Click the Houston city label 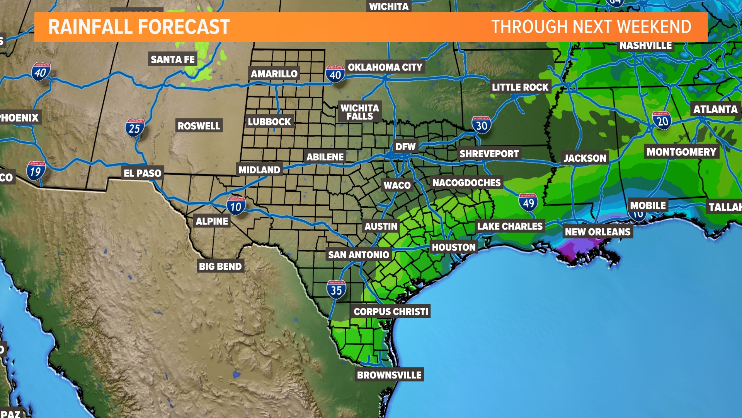point(453,247)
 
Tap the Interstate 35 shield point(336,289)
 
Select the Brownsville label point(389,375)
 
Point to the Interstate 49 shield point(528,202)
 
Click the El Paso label point(142,173)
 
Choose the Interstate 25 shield point(134,128)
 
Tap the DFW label point(405,147)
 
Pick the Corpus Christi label point(391,311)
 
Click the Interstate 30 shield point(482,125)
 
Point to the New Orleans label point(597,232)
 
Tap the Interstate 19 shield point(36,171)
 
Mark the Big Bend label point(220,266)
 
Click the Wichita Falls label point(359,112)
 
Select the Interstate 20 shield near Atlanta point(662,120)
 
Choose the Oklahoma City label point(385,67)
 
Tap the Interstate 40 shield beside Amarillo point(335,74)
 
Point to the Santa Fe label point(173,59)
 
